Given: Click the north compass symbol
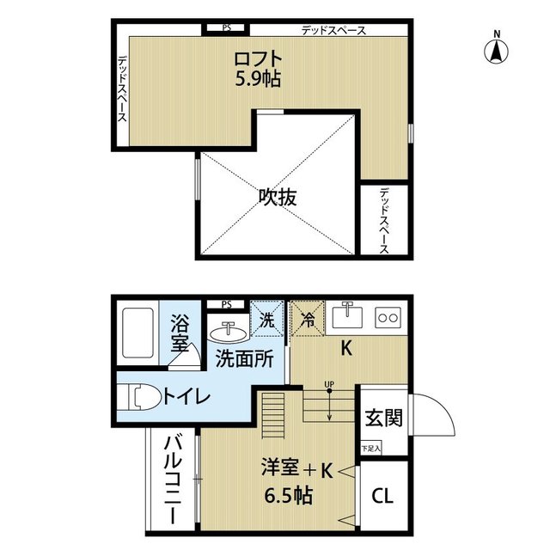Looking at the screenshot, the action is pos(497,49).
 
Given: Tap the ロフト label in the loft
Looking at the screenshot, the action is pos(258,59).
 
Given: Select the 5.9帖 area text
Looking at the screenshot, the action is pos(258,80).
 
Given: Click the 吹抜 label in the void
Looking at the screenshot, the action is pos(278,197).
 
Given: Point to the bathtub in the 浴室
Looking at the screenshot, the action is pos(137,333).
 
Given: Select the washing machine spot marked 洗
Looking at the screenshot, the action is pos(266,319).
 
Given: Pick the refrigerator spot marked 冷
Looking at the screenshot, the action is pos(308,319).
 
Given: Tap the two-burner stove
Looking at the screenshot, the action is pos(388,318).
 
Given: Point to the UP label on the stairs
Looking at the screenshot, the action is pos(329,384).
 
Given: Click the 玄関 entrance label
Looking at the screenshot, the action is pos(384,418).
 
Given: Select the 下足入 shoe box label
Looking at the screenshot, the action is pos(370,449).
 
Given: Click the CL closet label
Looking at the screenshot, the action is pos(382,496).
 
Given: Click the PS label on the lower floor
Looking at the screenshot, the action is pos(227,304).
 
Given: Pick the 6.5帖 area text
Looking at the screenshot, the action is pos(288,496).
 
